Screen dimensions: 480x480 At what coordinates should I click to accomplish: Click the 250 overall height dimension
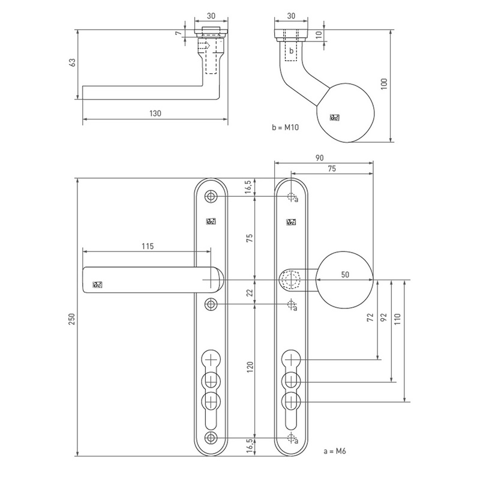pyautogui.click(x=72, y=319)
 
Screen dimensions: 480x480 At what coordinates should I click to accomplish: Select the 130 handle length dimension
pyautogui.click(x=155, y=113)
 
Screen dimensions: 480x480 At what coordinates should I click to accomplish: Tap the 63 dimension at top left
pyautogui.click(x=72, y=62)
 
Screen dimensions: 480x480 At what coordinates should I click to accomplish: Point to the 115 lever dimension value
pyautogui.click(x=148, y=246)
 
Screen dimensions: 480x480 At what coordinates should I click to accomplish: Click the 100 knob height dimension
pyautogui.click(x=384, y=84)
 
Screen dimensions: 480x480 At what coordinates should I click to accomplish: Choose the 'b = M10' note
pyautogui.click(x=285, y=127)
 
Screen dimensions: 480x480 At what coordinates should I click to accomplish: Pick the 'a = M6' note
pyautogui.click(x=335, y=451)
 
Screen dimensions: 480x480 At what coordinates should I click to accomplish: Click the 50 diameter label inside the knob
pyautogui.click(x=345, y=275)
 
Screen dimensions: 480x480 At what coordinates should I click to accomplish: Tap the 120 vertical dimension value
pyautogui.click(x=250, y=367)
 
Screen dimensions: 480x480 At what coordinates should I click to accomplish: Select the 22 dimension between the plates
pyautogui.click(x=250, y=293)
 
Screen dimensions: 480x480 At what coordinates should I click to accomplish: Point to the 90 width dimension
pyautogui.click(x=319, y=158)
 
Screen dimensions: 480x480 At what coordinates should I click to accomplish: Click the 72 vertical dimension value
pyautogui.click(x=370, y=317)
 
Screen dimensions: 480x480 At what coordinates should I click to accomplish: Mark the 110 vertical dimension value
pyautogui.click(x=397, y=319)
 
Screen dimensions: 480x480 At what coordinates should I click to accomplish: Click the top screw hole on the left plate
pyautogui.click(x=211, y=196)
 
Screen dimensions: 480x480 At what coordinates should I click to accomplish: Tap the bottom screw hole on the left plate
pyautogui.click(x=211, y=438)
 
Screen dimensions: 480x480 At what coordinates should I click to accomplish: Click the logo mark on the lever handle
pyautogui.click(x=97, y=285)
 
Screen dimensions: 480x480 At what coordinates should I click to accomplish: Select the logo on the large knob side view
pyautogui.click(x=335, y=118)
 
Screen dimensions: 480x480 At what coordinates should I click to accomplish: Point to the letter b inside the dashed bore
pyautogui.click(x=292, y=51)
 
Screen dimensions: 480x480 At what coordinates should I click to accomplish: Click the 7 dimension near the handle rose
pyautogui.click(x=179, y=33)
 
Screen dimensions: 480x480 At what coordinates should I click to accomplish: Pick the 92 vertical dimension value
pyautogui.click(x=383, y=317)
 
